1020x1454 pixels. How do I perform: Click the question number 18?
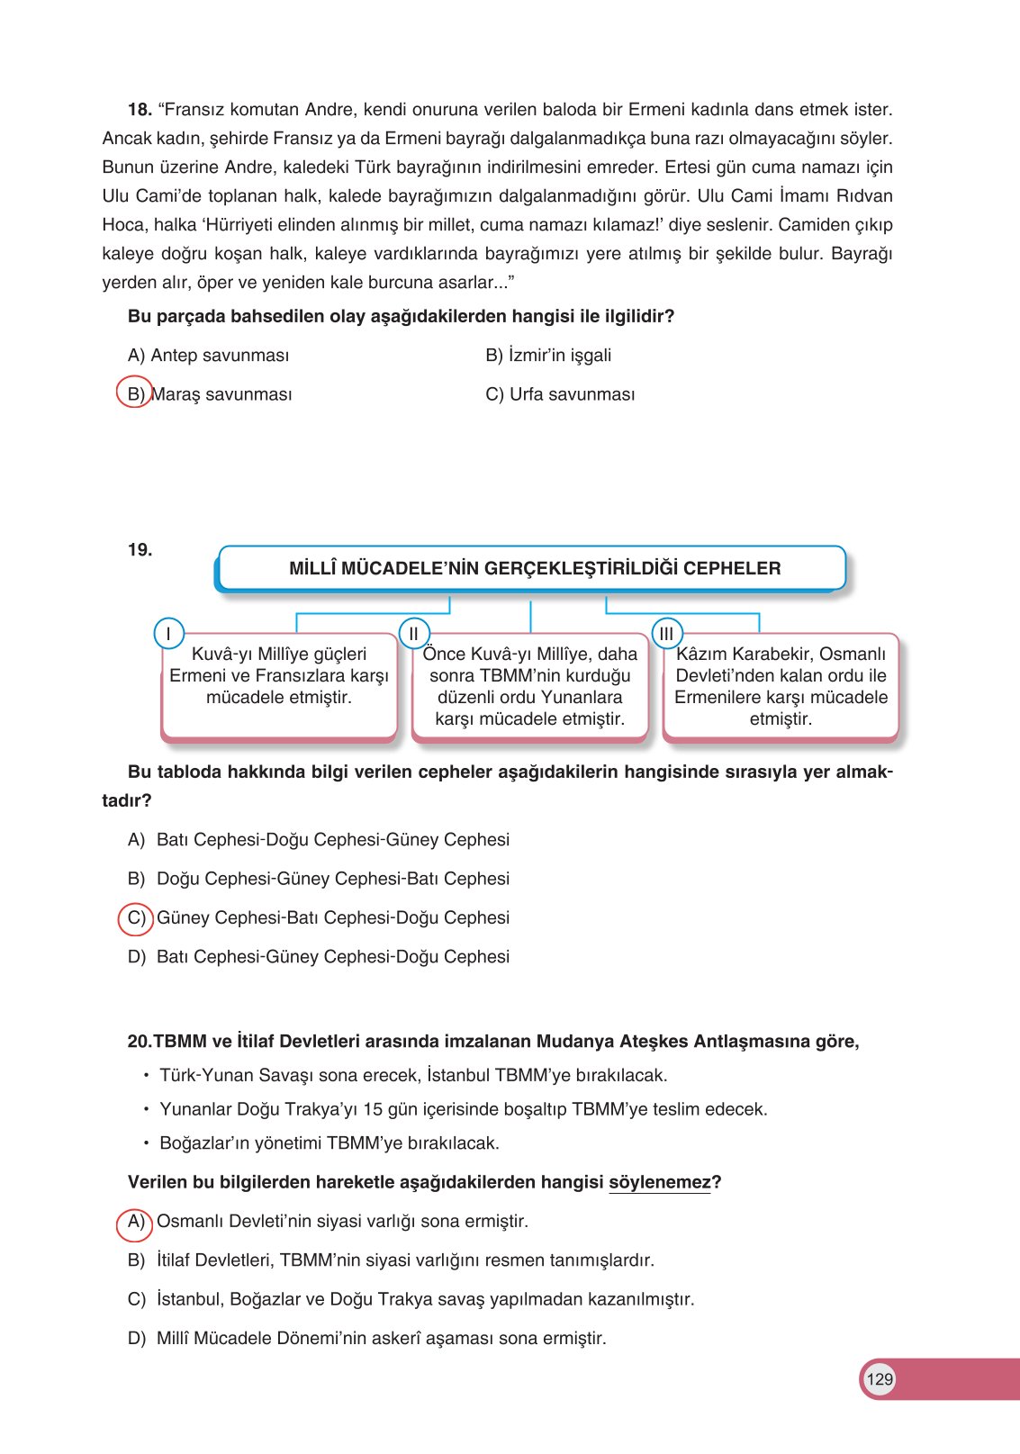click(139, 110)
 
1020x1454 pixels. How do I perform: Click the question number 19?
click(140, 550)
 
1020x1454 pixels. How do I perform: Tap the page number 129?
click(880, 1379)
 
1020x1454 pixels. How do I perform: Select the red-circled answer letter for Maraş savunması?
click(135, 393)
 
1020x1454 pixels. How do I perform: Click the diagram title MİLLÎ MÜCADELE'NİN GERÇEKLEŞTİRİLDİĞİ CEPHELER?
click(534, 568)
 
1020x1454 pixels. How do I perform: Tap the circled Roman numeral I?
click(168, 634)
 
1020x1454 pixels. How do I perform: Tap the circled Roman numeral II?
click(413, 634)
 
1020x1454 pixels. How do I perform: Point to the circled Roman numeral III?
click(666, 634)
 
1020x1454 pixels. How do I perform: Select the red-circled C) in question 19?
click(136, 918)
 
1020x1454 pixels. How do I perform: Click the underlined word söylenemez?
click(659, 1182)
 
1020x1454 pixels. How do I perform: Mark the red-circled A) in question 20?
click(135, 1222)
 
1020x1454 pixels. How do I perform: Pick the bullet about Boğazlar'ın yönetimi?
click(329, 1143)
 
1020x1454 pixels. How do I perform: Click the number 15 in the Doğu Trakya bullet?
click(372, 1109)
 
